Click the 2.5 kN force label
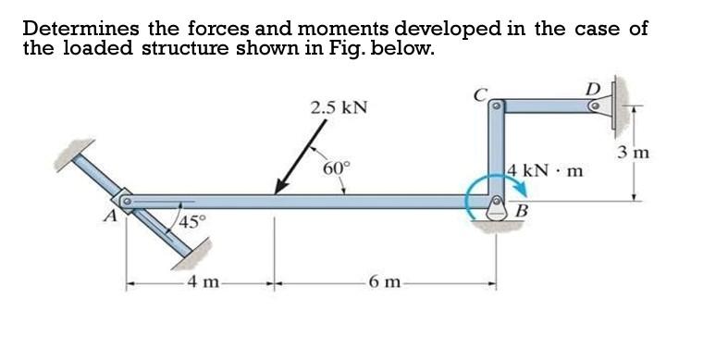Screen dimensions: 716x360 point(339,107)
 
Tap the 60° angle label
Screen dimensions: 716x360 point(338,168)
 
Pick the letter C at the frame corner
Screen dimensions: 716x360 point(480,93)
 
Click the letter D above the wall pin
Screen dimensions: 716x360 point(593,89)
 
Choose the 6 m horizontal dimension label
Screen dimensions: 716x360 point(383,281)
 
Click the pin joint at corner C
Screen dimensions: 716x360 point(496,108)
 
